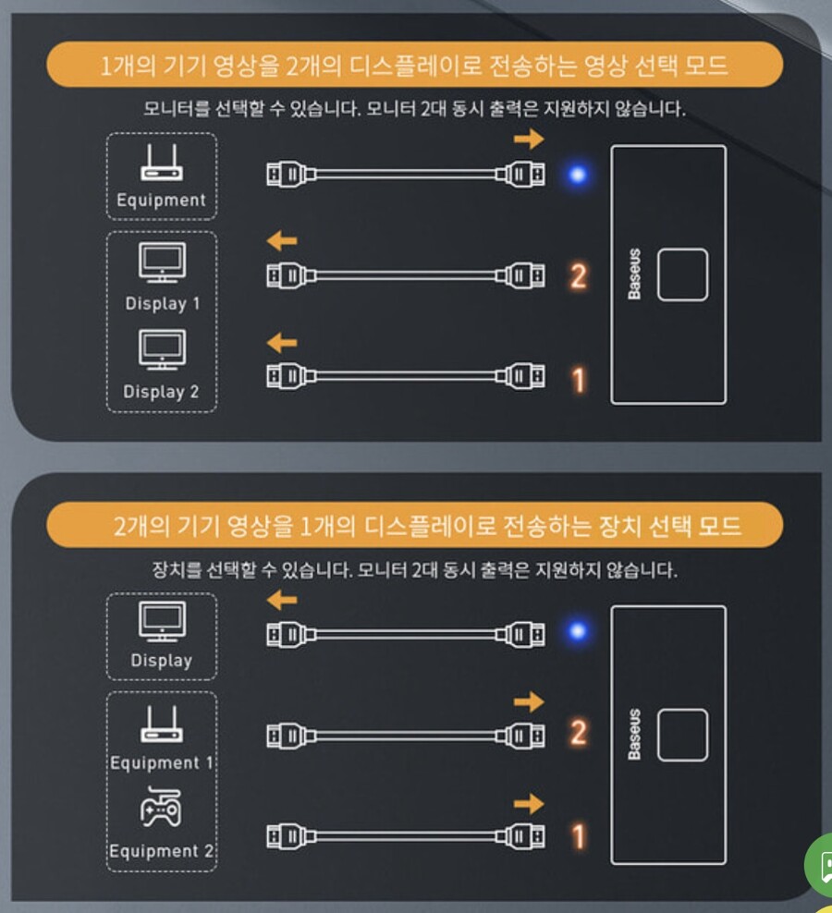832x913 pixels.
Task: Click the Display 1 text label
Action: pos(163,303)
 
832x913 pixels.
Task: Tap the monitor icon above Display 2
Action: pos(162,350)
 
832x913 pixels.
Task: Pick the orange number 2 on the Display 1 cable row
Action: pos(578,275)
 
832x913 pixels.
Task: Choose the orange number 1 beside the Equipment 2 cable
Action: pos(578,837)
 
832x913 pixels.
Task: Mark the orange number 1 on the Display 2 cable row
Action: pos(578,379)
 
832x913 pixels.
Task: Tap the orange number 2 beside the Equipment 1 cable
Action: pos(578,734)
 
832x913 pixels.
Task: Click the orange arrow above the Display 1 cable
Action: pos(282,242)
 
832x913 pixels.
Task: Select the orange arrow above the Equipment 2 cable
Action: pos(529,803)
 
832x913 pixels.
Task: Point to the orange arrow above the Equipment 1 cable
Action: pos(529,701)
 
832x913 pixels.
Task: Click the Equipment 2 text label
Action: pos(163,851)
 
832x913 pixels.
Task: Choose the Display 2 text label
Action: pos(162,392)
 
